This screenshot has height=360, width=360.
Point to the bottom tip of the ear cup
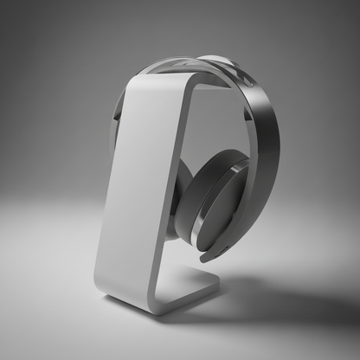207,256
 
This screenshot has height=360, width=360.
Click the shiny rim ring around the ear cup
241,208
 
